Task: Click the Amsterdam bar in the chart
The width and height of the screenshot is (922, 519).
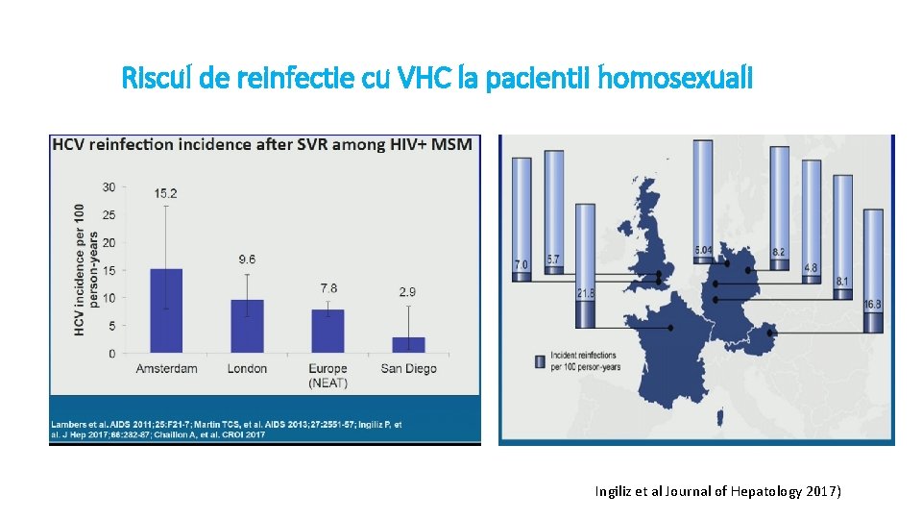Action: click(166, 310)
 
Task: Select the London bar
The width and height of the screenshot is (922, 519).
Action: click(247, 326)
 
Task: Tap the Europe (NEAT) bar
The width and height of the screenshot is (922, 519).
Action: click(328, 331)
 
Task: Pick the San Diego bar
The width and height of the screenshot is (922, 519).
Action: click(408, 344)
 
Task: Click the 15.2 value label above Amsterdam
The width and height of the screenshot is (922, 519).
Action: click(165, 193)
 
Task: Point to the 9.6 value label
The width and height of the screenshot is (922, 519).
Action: click(247, 259)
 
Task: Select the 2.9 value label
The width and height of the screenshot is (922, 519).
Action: click(408, 291)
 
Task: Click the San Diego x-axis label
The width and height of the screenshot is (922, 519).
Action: click(408, 369)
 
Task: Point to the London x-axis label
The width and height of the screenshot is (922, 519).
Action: click(247, 369)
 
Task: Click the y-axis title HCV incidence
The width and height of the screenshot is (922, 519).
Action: click(85, 270)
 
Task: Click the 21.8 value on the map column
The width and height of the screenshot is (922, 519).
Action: click(584, 293)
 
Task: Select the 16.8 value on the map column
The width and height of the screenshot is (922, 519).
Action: click(872, 305)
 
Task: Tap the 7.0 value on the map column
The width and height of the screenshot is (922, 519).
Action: click(522, 263)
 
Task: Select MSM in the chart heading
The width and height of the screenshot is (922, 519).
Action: click(451, 145)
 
